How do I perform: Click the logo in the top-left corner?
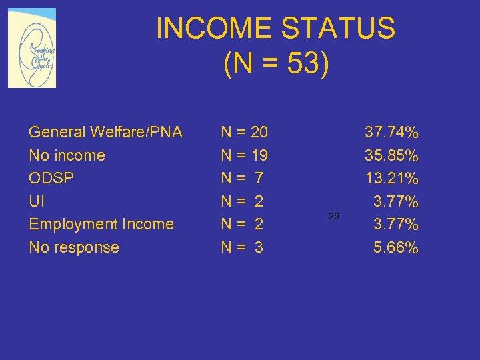[31, 49]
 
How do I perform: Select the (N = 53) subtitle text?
[276, 65]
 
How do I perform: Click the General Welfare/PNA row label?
[105, 132]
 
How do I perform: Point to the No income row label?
[67, 155]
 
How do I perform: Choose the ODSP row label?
[51, 178]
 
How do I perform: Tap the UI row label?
[37, 201]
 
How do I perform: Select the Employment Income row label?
[101, 224]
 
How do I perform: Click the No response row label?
[74, 247]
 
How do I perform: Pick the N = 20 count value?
[244, 132]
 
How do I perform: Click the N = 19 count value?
[244, 155]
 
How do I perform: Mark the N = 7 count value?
[242, 178]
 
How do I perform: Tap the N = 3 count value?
[242, 247]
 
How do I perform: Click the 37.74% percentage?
[391, 132]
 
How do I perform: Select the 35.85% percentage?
[391, 155]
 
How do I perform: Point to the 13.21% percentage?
[391, 178]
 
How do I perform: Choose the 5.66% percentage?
[395, 247]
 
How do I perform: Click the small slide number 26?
[334, 216]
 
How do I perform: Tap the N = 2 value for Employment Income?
[242, 224]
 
